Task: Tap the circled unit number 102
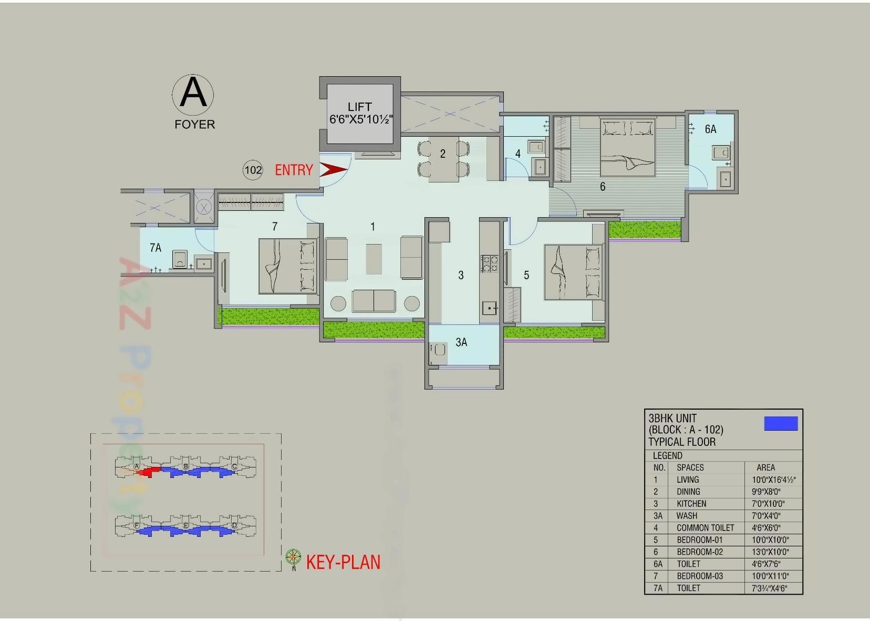click(x=253, y=170)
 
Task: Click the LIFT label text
click(x=359, y=107)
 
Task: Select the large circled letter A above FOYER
click(x=193, y=93)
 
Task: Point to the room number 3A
click(x=461, y=342)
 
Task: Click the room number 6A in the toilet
click(x=710, y=129)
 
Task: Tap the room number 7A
click(x=156, y=248)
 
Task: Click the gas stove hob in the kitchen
click(x=490, y=263)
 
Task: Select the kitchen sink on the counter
click(x=490, y=308)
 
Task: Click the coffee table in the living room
click(x=374, y=258)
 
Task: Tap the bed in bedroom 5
click(x=573, y=272)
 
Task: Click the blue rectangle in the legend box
click(x=781, y=423)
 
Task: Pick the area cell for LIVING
click(x=773, y=480)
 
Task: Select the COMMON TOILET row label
click(x=705, y=528)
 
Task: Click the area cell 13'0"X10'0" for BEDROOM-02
click(x=770, y=552)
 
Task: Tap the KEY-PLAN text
click(x=343, y=562)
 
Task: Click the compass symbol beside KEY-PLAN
click(x=293, y=557)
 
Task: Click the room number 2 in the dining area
click(x=443, y=154)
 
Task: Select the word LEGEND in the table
click(x=667, y=455)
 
